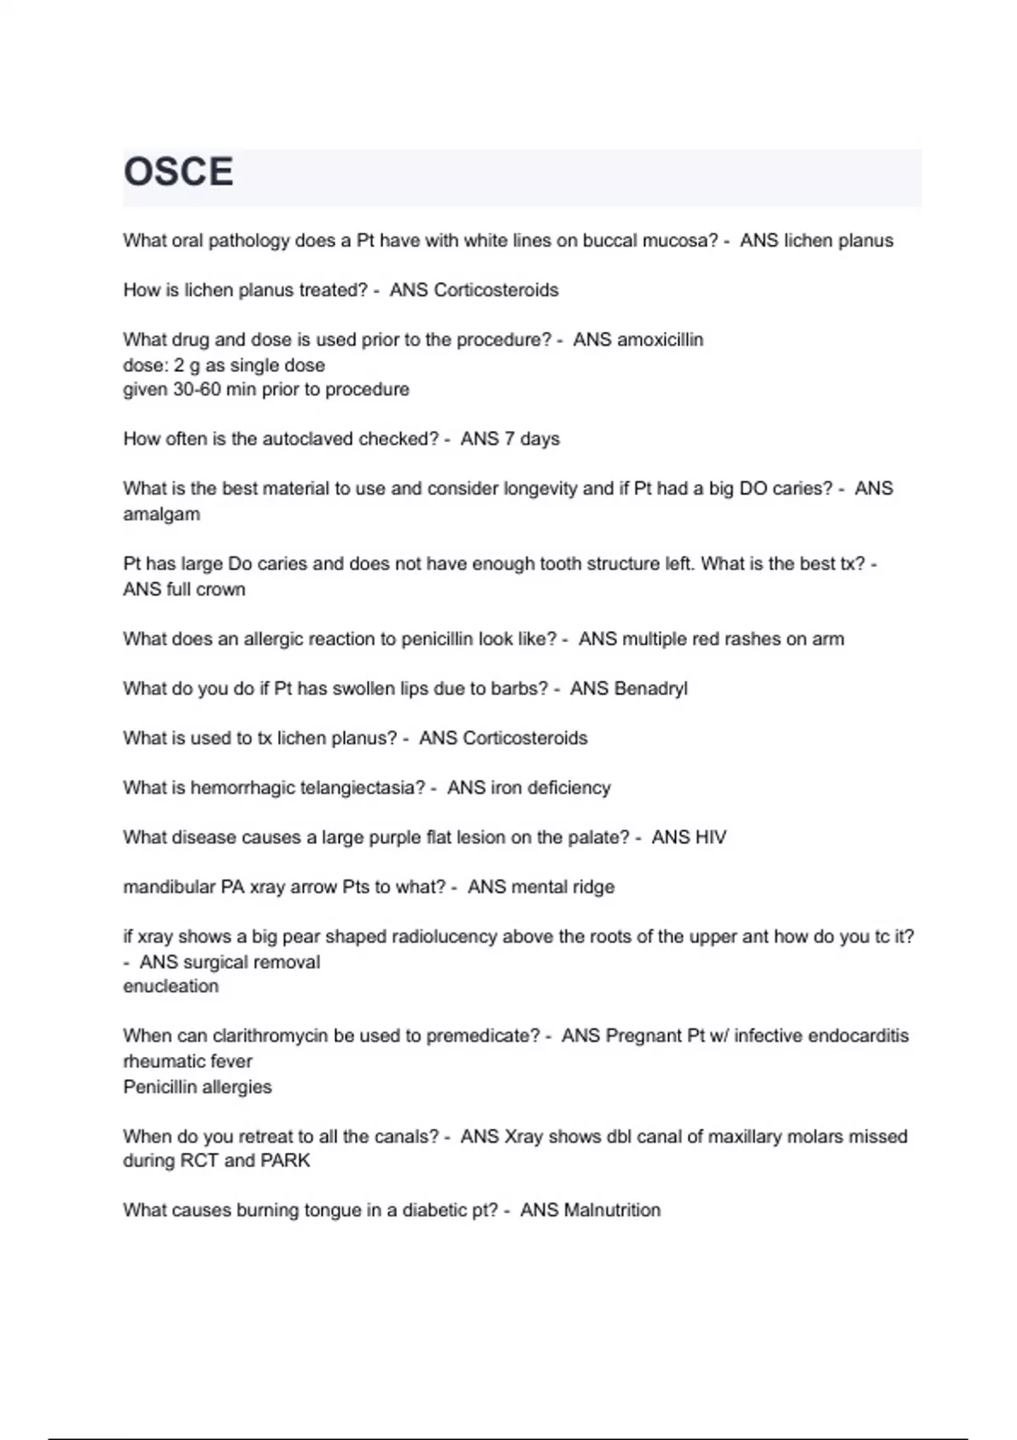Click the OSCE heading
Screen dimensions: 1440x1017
178,172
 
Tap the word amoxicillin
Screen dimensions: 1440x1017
660,340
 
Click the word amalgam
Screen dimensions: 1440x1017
162,514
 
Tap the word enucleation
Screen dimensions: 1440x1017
170,986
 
